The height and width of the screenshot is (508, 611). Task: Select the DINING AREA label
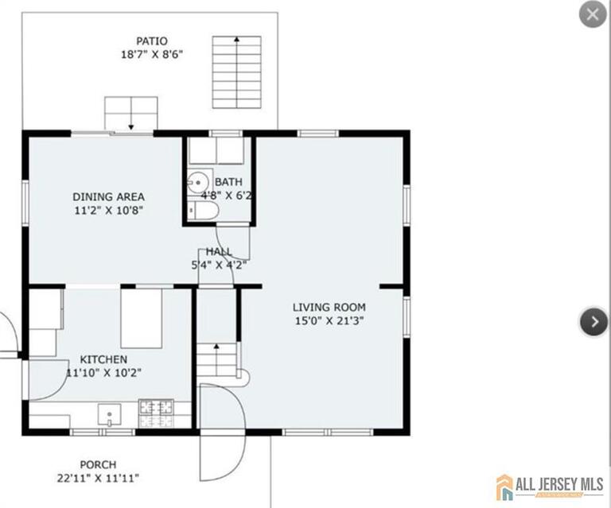coord(108,196)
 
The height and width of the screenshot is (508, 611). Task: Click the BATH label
coord(229,181)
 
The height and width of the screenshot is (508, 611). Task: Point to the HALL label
coord(219,251)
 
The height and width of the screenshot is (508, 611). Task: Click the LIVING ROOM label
coord(329,307)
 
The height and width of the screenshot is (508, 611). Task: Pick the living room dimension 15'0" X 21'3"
coord(329,321)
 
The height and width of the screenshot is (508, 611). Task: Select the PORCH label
coord(98,464)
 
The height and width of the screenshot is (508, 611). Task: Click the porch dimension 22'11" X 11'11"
coord(98,478)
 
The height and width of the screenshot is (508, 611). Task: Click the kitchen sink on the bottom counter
coord(109,413)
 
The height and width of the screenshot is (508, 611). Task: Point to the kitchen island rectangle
coord(141,318)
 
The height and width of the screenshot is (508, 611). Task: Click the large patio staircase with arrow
coord(236,72)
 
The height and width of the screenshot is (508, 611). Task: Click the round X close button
coord(593,14)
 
